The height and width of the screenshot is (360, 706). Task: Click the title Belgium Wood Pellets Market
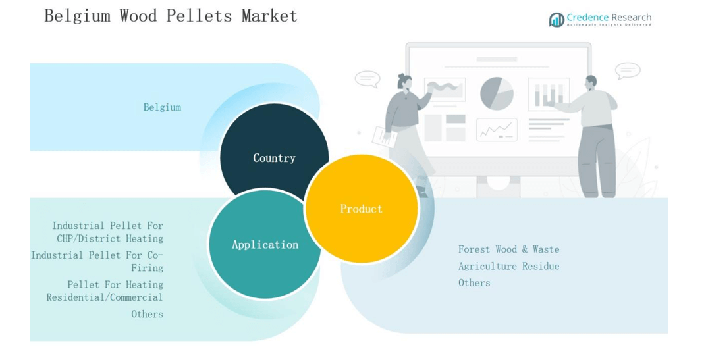pos(171,16)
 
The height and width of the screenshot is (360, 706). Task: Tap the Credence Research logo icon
pos(556,20)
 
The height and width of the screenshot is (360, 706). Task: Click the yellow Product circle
pos(361,209)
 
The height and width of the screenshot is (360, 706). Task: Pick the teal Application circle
pos(265,244)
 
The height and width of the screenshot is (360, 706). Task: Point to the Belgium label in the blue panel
pos(162,107)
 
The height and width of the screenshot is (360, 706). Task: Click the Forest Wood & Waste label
pos(508,249)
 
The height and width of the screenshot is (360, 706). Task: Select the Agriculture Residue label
pos(508,266)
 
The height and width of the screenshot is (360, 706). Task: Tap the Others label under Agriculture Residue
pos(474,283)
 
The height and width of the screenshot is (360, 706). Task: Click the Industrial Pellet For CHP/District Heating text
pos(107,232)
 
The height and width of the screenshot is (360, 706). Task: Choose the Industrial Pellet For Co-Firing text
pos(97,261)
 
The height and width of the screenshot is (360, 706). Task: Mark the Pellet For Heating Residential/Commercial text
pos(105,291)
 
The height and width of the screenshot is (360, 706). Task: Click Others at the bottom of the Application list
pos(147,314)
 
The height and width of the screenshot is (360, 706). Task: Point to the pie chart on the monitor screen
pos(497,93)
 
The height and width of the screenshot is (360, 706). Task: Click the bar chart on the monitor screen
pos(549,94)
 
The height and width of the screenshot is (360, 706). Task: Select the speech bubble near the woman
pos(367,79)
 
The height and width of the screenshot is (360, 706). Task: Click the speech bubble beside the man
pos(628,70)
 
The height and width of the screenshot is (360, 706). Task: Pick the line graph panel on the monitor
pos(497,130)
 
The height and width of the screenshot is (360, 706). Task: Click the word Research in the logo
pos(631,18)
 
